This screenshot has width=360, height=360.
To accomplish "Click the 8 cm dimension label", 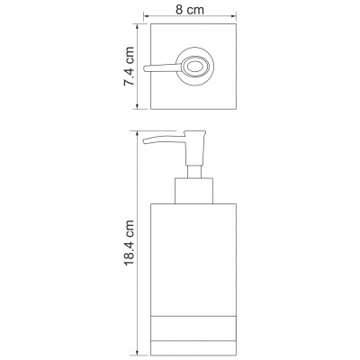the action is [190, 10].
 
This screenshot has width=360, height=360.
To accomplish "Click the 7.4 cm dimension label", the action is [129, 67].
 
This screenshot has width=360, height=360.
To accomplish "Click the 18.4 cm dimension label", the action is [129, 243].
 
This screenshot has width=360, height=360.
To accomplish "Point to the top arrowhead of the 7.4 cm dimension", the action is [138, 27].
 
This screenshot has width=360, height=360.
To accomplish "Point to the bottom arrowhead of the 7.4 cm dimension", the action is [138, 106].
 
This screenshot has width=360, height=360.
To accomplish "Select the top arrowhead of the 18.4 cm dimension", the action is [138, 134].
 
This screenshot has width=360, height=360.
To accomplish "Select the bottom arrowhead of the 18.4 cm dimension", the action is [138, 352].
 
